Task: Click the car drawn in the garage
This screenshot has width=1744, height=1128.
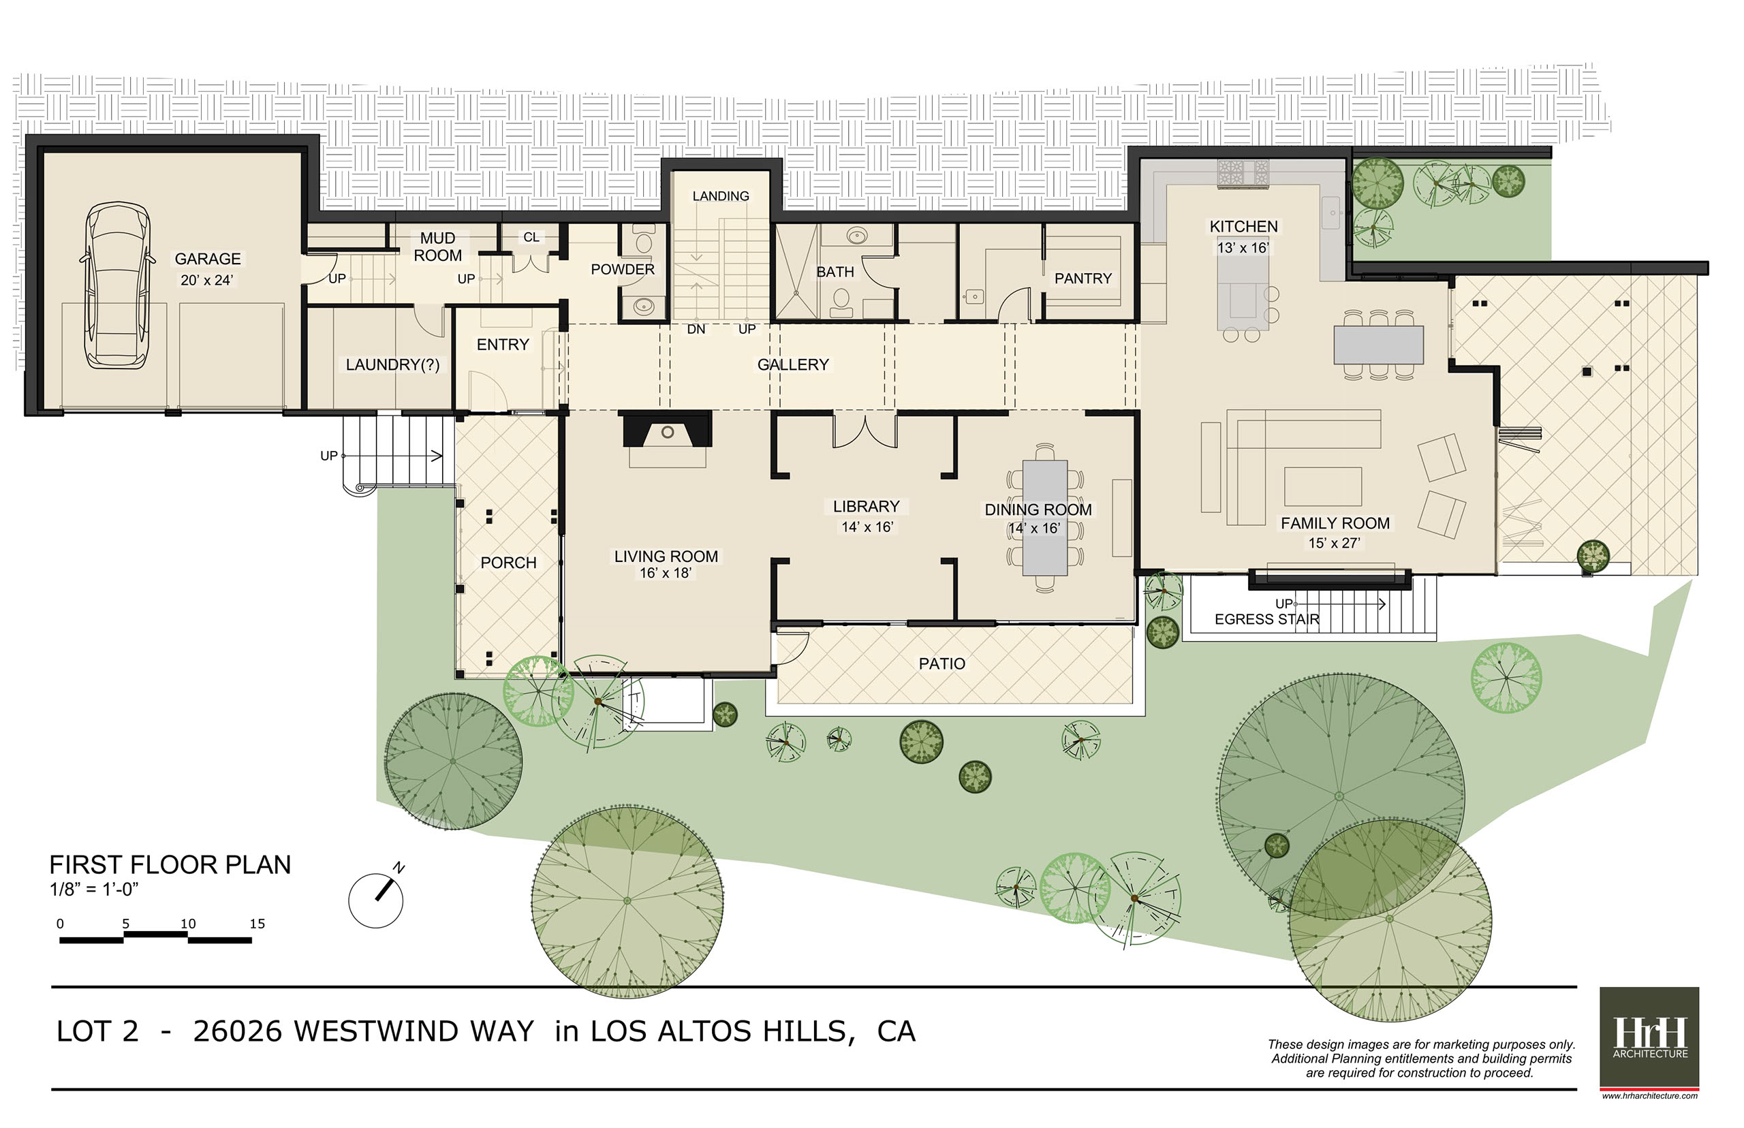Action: point(117,285)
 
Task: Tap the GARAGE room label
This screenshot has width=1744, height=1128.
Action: point(207,259)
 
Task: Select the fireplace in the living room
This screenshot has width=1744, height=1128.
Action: point(666,430)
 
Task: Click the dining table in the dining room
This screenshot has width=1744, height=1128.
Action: point(1044,517)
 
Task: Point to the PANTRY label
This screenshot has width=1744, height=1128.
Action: point(1083,279)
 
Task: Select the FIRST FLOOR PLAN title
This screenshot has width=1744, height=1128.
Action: point(170,865)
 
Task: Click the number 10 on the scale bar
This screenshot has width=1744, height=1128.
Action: point(188,924)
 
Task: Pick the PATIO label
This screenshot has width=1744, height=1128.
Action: point(942,663)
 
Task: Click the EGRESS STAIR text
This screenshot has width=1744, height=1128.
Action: point(1266,619)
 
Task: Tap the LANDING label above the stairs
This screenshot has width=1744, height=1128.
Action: point(721,196)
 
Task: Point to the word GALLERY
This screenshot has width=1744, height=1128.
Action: point(792,365)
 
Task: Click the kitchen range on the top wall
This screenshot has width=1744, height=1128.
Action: point(1243,174)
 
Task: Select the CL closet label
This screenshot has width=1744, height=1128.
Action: point(531,237)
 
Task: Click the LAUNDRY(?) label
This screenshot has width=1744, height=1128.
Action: point(392,365)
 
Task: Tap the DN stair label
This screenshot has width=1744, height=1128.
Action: point(696,330)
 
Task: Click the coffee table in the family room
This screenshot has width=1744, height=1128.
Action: point(1323,487)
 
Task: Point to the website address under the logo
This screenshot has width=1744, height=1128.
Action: point(1649,1096)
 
